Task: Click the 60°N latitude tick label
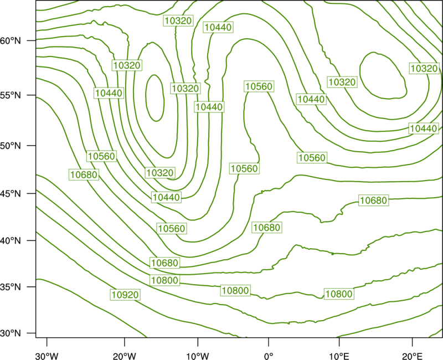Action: coord(11,40)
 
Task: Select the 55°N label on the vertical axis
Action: coord(11,95)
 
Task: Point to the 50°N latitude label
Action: coord(11,146)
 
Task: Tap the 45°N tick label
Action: coord(11,193)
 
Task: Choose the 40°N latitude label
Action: coord(11,241)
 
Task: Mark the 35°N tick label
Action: coord(11,287)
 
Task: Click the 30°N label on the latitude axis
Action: coord(11,333)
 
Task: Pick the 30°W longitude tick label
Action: coord(47,356)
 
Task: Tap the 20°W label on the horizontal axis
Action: coord(125,356)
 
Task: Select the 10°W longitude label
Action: coord(198,356)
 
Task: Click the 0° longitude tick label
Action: coord(269,356)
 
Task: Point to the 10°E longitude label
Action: coord(339,356)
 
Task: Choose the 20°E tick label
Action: coord(412,356)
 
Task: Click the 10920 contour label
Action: coord(125,295)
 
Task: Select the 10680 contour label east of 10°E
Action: coord(373,200)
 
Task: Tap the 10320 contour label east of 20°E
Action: coord(424,68)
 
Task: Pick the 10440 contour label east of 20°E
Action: coord(423,128)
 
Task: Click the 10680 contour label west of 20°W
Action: coord(84,174)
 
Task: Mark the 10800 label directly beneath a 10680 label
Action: coord(164,280)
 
